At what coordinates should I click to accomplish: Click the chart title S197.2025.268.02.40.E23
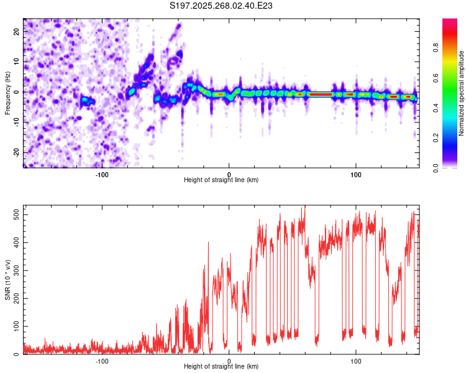222,6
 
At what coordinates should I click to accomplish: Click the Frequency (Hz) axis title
7,93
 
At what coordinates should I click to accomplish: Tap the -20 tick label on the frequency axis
16,152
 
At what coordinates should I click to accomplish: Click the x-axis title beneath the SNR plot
221,367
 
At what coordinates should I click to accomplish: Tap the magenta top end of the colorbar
450,22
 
